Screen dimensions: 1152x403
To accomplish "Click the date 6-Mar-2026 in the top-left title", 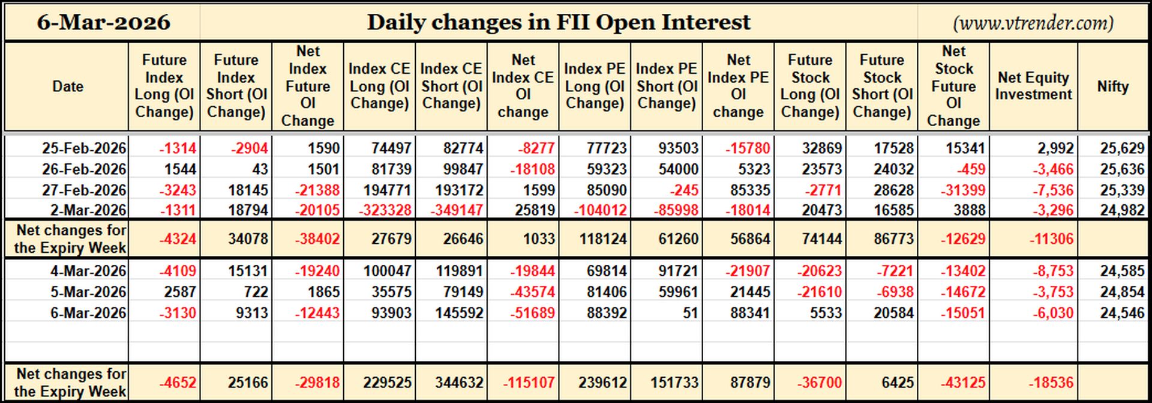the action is [x=103, y=23].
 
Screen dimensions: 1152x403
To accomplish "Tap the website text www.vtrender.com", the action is [x=1033, y=23].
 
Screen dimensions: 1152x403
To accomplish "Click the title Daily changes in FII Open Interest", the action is [x=559, y=23].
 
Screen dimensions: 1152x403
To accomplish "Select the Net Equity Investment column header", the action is [x=1033, y=86].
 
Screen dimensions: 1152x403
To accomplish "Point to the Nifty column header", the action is [x=1113, y=86].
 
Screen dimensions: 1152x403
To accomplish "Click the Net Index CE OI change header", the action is [x=523, y=86].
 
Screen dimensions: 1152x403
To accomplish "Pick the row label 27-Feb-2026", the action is [x=84, y=190].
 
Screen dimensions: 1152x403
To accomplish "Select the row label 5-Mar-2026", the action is [x=88, y=292].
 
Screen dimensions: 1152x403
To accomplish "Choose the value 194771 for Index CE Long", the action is [x=387, y=190].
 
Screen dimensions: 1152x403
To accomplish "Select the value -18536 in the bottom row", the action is [x=1052, y=383].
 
